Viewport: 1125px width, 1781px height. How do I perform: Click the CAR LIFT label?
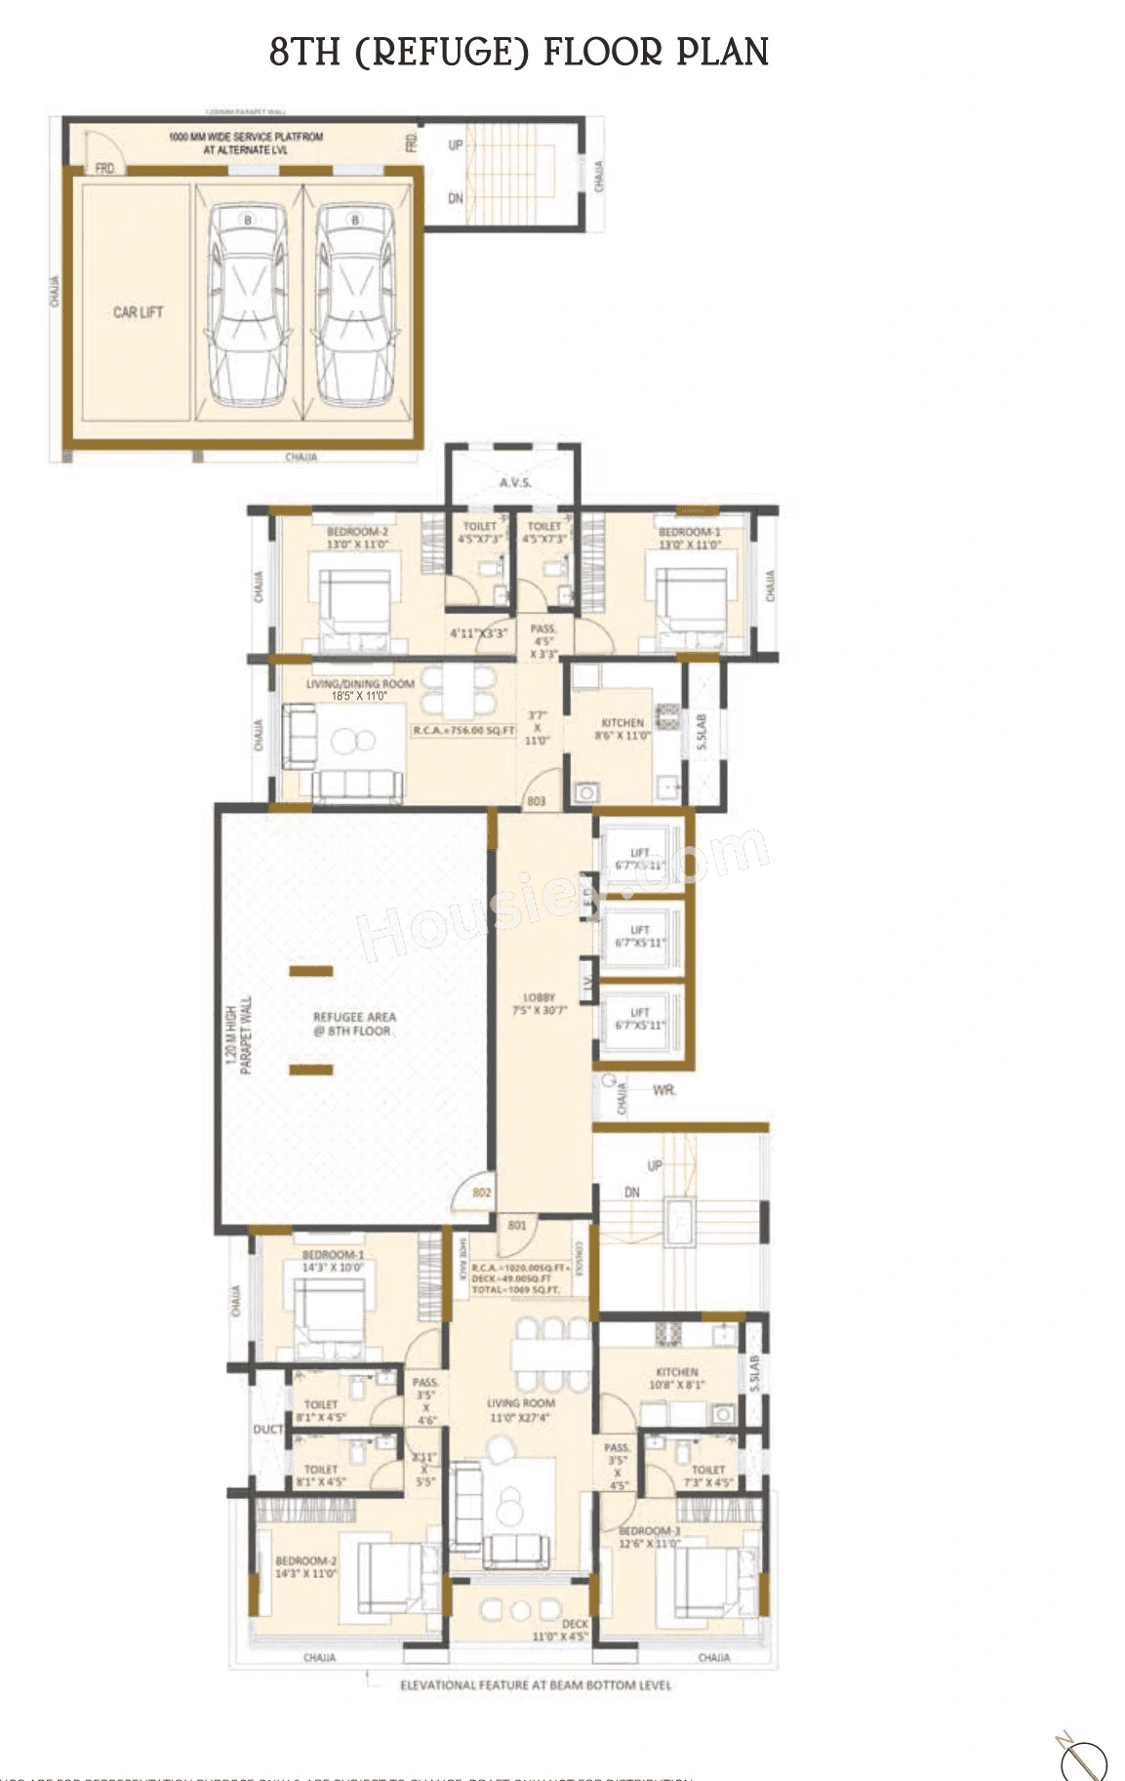(138, 312)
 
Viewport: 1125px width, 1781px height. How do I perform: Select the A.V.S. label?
(514, 483)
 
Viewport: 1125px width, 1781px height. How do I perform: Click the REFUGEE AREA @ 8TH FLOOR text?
(353, 1024)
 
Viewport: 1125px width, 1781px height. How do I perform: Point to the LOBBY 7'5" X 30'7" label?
(540, 1004)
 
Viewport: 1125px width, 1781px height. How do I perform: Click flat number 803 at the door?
(536, 801)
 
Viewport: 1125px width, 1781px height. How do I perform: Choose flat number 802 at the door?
(481, 1193)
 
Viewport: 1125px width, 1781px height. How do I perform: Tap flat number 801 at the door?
(517, 1226)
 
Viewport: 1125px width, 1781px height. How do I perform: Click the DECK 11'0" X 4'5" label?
(561, 1630)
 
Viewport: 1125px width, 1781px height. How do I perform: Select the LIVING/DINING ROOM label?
(360, 684)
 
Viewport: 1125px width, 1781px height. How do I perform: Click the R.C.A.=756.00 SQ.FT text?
(463, 730)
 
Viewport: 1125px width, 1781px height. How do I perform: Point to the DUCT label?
(267, 1429)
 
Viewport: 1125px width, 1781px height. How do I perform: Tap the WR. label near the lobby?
(663, 1090)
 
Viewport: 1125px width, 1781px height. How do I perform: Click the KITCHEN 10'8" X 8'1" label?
(677, 1378)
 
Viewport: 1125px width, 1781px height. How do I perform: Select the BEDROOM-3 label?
(649, 1531)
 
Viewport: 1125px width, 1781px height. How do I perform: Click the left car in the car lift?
(248, 304)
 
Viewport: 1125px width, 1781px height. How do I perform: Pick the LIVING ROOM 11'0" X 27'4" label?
(520, 1409)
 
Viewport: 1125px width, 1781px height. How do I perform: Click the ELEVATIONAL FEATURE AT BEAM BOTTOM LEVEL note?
(535, 1684)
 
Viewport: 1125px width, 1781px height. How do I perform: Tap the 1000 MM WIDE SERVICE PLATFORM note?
(246, 143)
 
